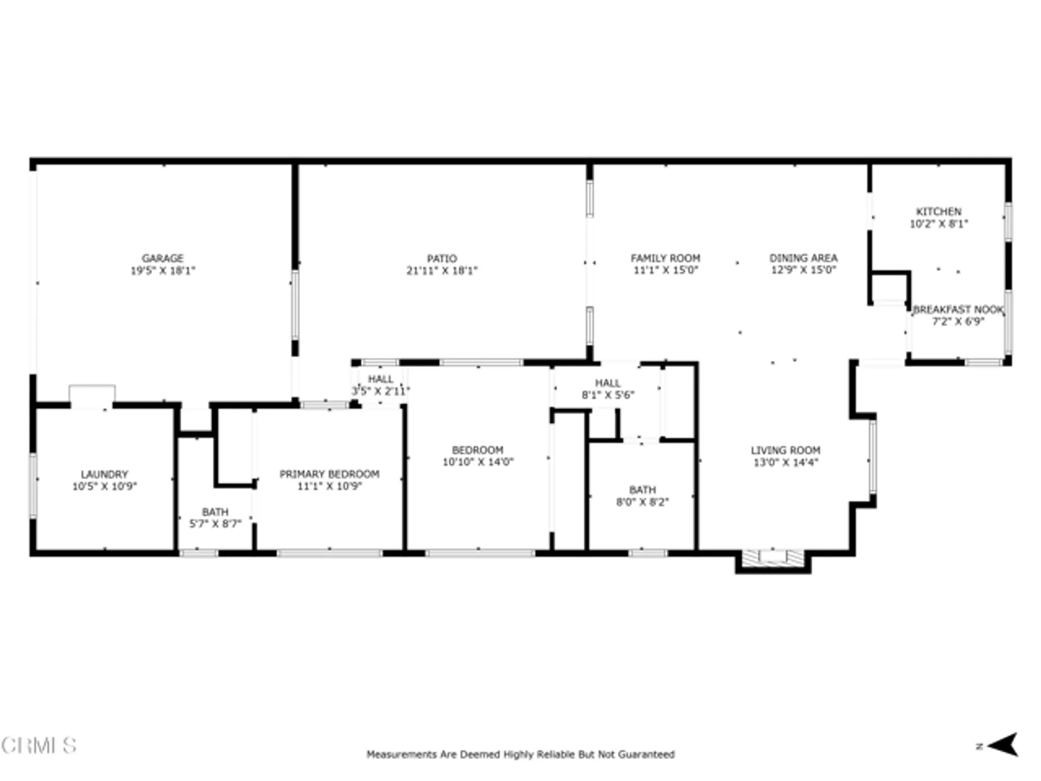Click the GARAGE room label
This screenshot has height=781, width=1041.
(x=162, y=258)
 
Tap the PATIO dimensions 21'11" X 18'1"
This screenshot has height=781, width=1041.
(x=441, y=271)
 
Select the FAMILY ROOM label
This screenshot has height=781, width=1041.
(x=665, y=258)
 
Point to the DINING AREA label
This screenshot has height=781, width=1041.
(x=803, y=258)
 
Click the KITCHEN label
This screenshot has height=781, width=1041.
(x=938, y=212)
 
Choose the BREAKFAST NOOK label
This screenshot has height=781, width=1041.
(x=958, y=310)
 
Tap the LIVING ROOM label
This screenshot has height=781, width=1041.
(x=785, y=450)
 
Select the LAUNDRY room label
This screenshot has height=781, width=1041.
(x=104, y=474)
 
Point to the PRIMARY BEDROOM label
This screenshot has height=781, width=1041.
(x=329, y=474)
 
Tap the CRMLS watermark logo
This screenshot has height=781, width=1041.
(x=39, y=746)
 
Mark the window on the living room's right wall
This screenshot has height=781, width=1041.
(x=873, y=457)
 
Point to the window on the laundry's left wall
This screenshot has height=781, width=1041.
(x=33, y=486)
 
